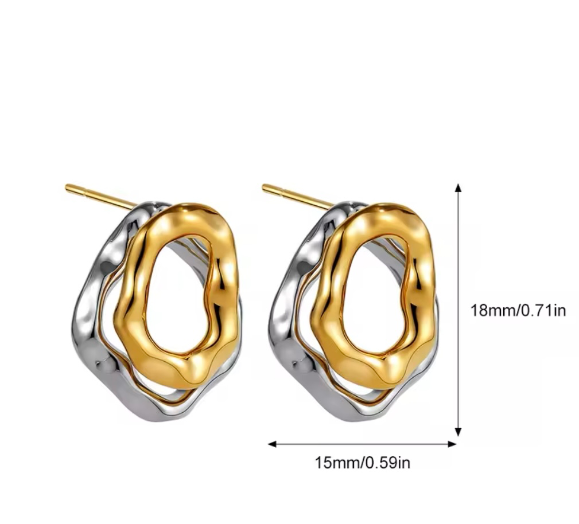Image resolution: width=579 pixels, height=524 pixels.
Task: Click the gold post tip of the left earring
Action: [68, 187]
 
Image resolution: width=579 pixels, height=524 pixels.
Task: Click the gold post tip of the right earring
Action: [265, 187]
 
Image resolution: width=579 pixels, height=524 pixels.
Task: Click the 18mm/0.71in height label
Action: [518, 310]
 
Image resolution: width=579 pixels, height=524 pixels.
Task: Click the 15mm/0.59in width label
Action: [362, 462]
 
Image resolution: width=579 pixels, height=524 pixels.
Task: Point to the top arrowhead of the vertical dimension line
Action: [458, 187]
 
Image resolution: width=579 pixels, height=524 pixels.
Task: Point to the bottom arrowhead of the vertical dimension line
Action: [458, 432]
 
